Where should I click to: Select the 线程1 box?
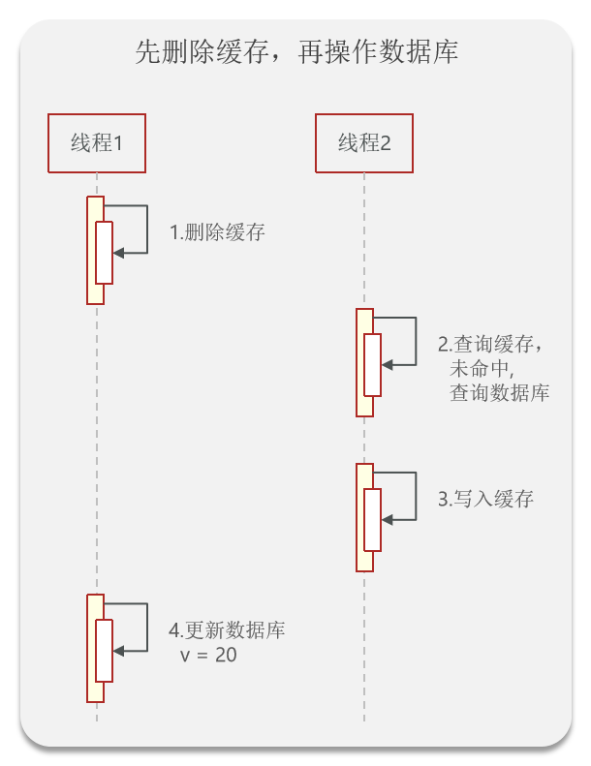(x=97, y=143)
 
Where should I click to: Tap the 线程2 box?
(x=364, y=143)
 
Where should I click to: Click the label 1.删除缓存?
(x=218, y=232)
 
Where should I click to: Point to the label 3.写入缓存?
(x=485, y=500)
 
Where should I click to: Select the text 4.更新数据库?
(x=227, y=631)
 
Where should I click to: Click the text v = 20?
(x=209, y=656)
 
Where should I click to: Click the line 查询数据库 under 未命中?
(x=499, y=393)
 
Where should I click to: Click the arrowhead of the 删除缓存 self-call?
(x=118, y=253)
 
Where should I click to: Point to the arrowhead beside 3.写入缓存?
(x=387, y=520)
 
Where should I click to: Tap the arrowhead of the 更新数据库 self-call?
(x=118, y=650)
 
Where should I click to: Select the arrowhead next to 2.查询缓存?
(x=387, y=364)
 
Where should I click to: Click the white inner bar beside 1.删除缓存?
(x=104, y=253)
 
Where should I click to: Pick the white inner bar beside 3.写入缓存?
(x=372, y=520)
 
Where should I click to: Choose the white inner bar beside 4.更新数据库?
(x=104, y=650)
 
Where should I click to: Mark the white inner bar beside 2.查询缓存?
(x=372, y=364)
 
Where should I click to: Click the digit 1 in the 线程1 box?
(x=117, y=143)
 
